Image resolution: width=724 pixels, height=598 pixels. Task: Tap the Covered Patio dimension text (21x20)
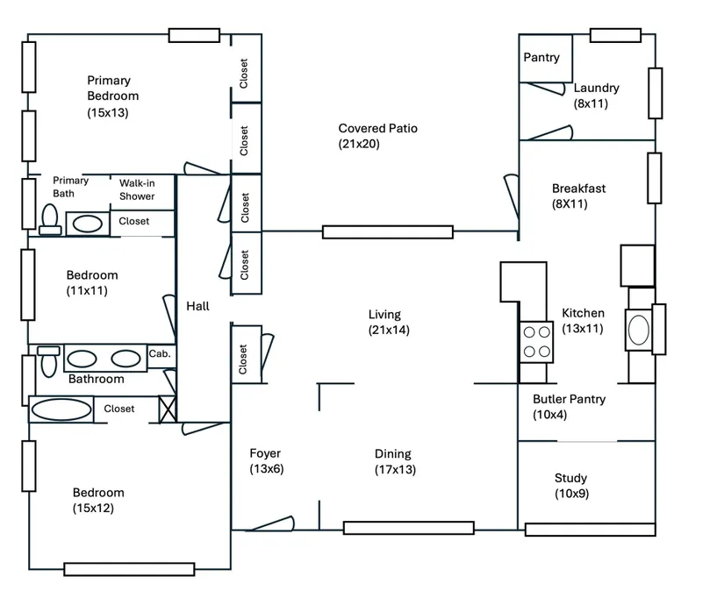click(x=359, y=144)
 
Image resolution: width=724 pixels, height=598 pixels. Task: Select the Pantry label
click(x=541, y=58)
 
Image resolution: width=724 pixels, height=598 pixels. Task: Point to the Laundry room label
click(x=597, y=88)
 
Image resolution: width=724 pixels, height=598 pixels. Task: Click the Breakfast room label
click(x=578, y=189)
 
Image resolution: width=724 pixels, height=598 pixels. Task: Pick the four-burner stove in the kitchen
click(x=536, y=342)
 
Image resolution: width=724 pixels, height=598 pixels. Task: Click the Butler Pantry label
click(x=569, y=399)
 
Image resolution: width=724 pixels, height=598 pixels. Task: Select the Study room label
click(x=570, y=478)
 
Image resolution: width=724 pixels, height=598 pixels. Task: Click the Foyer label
click(x=265, y=453)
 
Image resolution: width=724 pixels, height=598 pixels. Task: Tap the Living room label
click(x=384, y=314)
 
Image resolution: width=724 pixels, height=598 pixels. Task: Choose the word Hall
click(x=197, y=306)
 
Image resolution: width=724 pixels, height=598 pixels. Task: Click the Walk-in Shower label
click(x=137, y=189)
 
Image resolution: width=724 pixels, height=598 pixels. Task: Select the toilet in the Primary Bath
click(x=50, y=218)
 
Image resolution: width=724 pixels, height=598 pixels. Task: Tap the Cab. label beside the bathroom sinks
click(x=159, y=353)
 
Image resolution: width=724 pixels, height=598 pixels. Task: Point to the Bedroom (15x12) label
click(x=97, y=493)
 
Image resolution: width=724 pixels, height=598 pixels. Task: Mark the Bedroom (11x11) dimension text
click(x=87, y=290)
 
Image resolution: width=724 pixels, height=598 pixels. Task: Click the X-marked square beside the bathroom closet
click(x=168, y=409)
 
